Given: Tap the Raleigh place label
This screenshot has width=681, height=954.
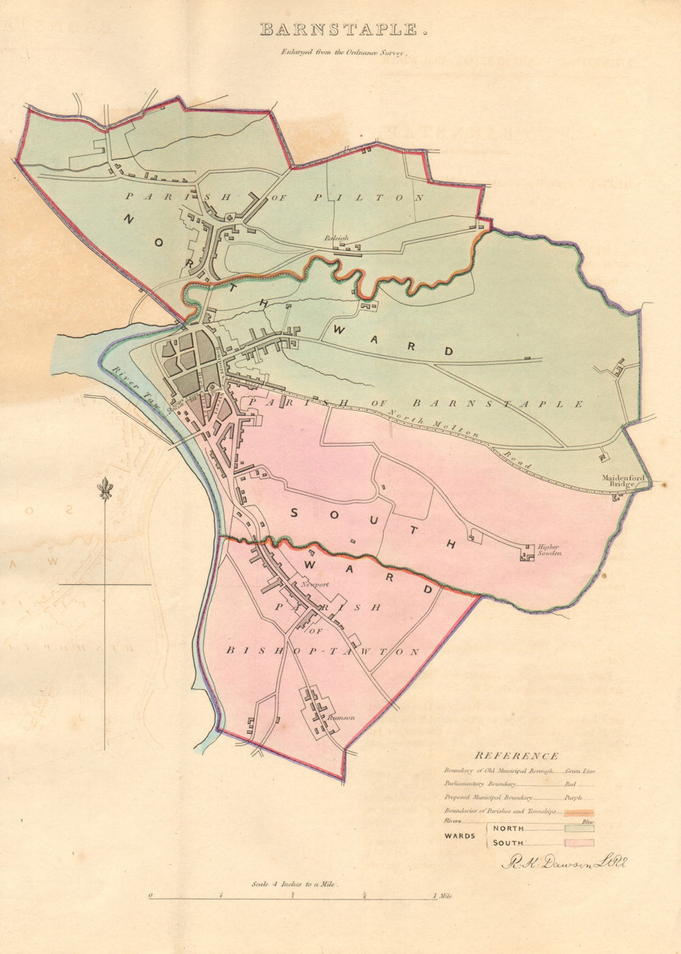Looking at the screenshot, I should point(336,238).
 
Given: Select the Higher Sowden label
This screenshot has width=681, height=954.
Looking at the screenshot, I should point(548,550).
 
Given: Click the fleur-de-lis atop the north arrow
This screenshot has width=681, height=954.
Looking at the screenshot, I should point(105,488).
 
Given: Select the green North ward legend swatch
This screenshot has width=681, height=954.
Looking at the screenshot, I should point(579,828).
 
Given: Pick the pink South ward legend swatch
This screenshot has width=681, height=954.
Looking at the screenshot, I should point(579,843).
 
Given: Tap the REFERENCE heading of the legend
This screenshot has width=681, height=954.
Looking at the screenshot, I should point(516,755).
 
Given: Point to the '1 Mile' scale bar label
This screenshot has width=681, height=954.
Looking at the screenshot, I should point(442,896).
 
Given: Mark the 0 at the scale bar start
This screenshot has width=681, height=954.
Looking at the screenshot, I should point(150,896).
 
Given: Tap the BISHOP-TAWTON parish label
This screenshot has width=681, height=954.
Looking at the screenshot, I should point(323,652).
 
